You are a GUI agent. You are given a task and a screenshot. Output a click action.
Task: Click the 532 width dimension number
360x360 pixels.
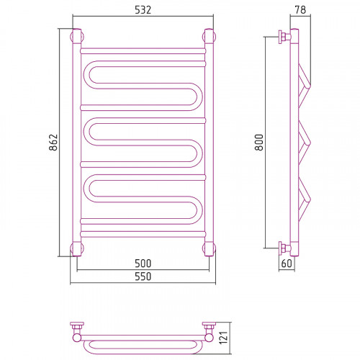point(143,10)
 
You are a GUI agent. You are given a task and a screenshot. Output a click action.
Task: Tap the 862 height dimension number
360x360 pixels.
point(53,142)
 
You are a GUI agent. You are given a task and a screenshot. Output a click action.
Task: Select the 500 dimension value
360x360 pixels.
point(143,264)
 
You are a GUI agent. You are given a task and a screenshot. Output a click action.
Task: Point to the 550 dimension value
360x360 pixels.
point(143,276)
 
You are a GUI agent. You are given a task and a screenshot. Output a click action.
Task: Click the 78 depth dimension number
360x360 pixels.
point(300,10)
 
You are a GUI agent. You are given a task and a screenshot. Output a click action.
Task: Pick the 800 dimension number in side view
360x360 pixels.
point(259,142)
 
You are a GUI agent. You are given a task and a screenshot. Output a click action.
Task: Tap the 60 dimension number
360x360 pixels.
point(287,264)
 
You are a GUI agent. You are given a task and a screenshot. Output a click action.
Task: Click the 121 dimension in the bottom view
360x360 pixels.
point(223,338)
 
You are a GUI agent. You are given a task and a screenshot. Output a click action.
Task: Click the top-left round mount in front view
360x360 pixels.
point(77,37)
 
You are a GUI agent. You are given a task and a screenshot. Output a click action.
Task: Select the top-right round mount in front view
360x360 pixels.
point(209,37)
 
